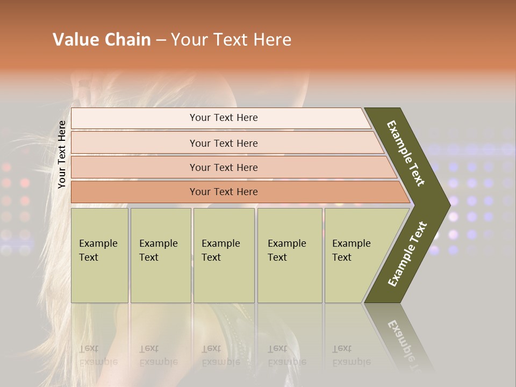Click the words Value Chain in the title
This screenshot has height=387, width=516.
coord(102,40)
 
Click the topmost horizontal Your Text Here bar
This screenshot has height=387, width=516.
coord(223,118)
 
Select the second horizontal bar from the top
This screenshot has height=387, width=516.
coord(223,143)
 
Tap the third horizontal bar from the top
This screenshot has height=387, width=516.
coord(223,167)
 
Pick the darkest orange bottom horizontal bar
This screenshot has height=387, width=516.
coord(223,192)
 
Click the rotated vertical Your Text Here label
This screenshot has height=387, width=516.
coord(62,154)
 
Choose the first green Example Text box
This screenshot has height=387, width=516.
coord(99,255)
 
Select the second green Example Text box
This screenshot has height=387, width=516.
coord(160,255)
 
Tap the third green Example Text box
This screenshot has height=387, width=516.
coord(223,255)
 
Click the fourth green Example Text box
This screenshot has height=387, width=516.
coord(289,255)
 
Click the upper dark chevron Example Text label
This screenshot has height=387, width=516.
coord(406,153)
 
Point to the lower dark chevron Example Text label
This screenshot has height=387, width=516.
coord(407,254)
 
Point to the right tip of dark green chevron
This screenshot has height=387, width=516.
coord(449,205)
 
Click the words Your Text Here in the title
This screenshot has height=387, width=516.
coord(231,40)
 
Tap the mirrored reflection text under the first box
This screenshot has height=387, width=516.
coord(98,355)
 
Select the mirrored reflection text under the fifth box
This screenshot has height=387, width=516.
coord(351,355)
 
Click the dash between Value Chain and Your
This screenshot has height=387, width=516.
coord(161,40)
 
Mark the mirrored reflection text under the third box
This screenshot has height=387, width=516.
coord(220,355)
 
